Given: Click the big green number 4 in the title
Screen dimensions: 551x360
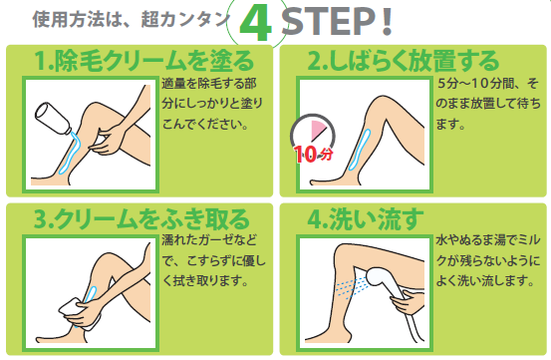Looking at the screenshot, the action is coord(256,24).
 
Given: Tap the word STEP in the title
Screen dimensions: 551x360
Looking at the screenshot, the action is coord(329,22).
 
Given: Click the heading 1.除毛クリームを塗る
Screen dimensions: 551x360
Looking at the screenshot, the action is coord(143,61).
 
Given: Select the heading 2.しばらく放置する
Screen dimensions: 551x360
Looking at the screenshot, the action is coord(404,61).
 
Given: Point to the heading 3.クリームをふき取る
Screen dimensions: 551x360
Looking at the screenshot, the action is coord(141,219).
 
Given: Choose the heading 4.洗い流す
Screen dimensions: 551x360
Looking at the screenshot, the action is coord(366,219).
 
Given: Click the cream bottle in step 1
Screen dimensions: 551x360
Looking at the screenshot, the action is coord(53,118).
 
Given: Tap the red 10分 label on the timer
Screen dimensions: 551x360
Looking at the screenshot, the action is coord(314,154).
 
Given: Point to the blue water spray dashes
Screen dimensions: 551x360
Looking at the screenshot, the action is coord(352,286).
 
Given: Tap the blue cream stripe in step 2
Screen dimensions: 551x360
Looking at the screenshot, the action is coord(360,151).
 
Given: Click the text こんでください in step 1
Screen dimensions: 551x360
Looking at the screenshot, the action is coord(201,124).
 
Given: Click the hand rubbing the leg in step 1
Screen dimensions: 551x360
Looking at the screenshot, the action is coord(108,141).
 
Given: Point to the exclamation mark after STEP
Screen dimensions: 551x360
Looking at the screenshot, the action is coord(387,22).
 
